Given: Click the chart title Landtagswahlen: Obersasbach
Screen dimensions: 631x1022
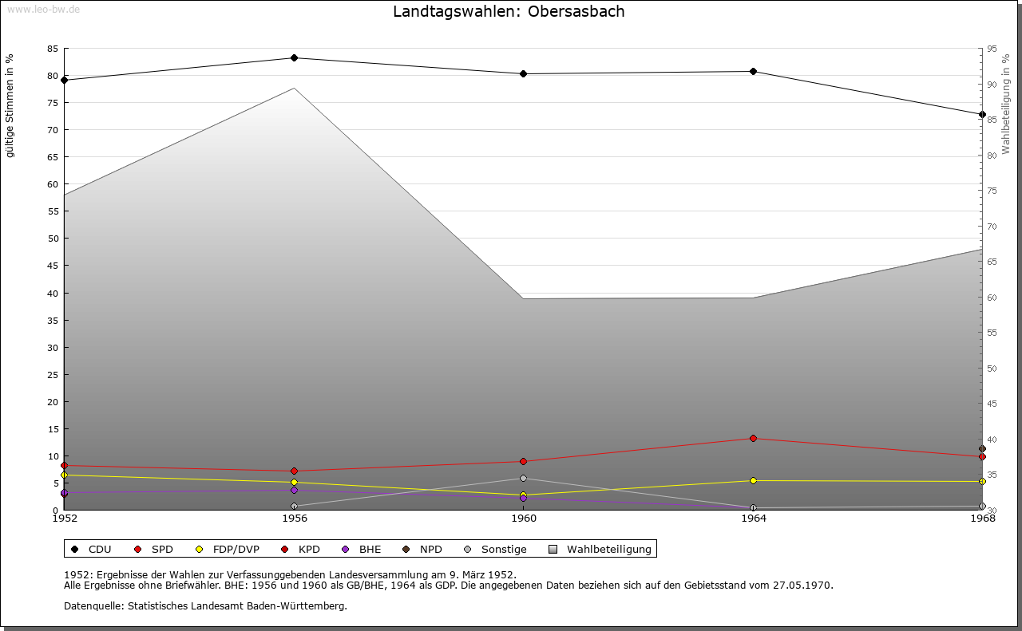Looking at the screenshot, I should (509, 12).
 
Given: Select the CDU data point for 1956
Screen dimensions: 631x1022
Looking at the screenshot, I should (295, 58).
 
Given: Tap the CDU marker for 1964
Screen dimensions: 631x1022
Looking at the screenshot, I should (753, 72).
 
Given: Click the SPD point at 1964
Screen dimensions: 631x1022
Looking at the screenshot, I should (753, 439).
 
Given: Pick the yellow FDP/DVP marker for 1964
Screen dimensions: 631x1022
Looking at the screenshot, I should (753, 481).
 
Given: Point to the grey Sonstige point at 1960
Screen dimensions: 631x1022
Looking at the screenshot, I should (524, 479).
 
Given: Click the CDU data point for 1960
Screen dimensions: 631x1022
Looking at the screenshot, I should (524, 74).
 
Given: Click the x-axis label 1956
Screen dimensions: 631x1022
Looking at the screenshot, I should (295, 519).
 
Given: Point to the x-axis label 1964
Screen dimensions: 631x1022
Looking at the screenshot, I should (753, 519).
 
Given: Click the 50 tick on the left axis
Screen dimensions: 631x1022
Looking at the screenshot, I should (53, 239).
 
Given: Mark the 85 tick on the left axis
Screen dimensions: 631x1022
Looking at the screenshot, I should (53, 49).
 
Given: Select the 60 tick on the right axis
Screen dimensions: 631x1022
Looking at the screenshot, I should (991, 298).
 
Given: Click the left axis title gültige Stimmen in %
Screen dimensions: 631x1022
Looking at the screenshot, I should (10, 106).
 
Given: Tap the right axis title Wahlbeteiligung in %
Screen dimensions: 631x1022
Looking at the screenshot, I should (1006, 104).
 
